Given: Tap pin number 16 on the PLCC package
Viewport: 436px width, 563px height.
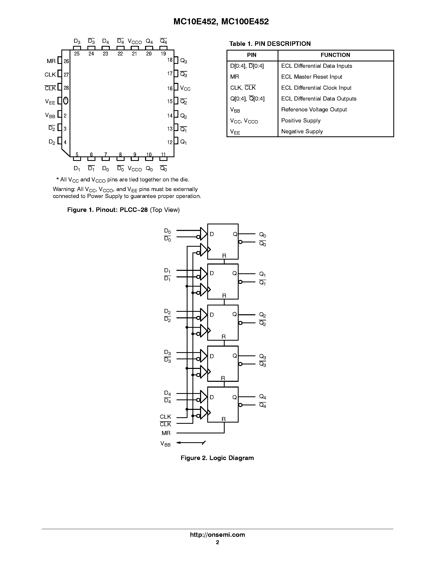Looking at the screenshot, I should (170, 88).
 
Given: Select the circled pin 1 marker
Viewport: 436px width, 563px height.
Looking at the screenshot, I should (66, 101).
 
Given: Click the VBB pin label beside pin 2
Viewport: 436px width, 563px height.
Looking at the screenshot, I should (50, 115).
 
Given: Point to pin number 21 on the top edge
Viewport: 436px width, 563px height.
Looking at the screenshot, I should (135, 54).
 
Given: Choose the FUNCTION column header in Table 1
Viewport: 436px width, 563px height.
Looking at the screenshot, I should (335, 55).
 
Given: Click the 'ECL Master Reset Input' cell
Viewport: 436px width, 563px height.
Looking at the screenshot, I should (311, 77).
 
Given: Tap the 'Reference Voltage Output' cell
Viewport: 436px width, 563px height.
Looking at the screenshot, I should (314, 110).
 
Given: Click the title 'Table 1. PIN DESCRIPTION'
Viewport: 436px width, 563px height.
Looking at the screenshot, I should (270, 44).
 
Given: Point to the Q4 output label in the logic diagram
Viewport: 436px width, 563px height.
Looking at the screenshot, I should (262, 397).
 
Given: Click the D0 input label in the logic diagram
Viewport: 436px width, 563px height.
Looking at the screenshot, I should (167, 231).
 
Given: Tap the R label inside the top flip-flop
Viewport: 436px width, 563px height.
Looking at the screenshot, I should (224, 256).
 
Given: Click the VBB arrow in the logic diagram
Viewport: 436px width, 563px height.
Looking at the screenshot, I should (191, 443).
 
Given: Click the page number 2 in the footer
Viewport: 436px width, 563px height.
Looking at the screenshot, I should (217, 542).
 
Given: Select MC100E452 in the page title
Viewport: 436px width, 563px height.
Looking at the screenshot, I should (245, 22).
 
